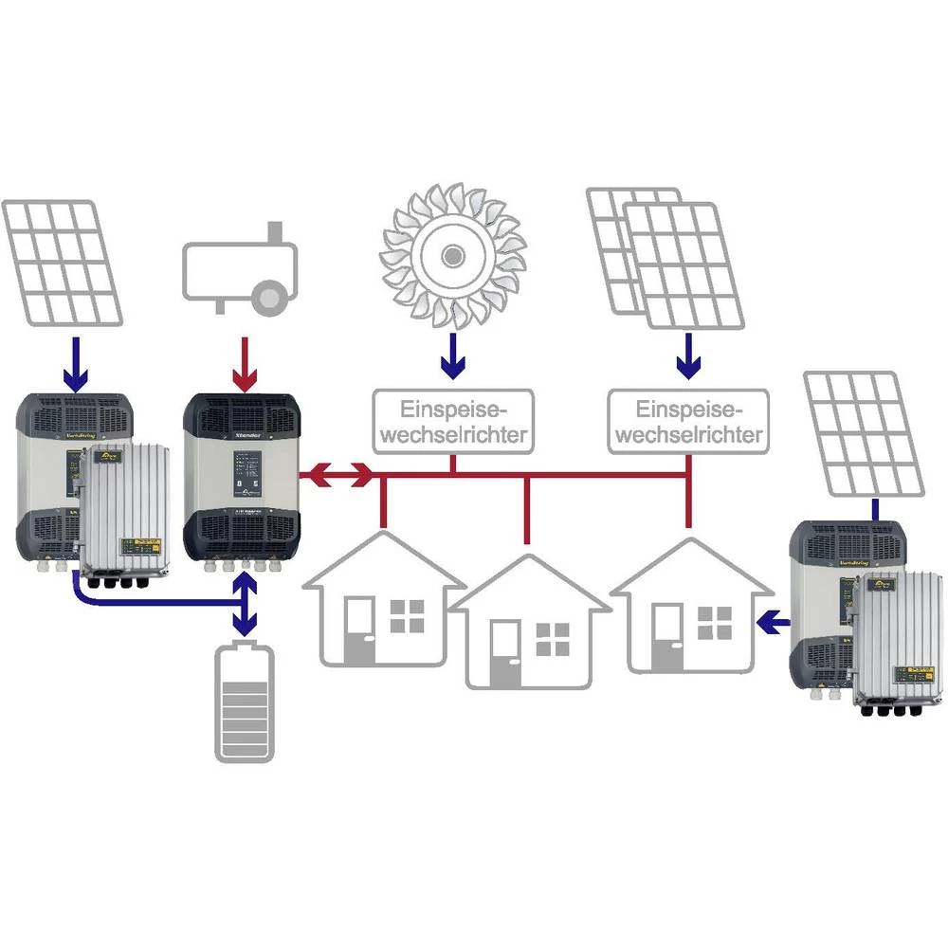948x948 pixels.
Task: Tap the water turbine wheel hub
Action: (x=453, y=254)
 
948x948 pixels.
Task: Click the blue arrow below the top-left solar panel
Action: (x=73, y=368)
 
